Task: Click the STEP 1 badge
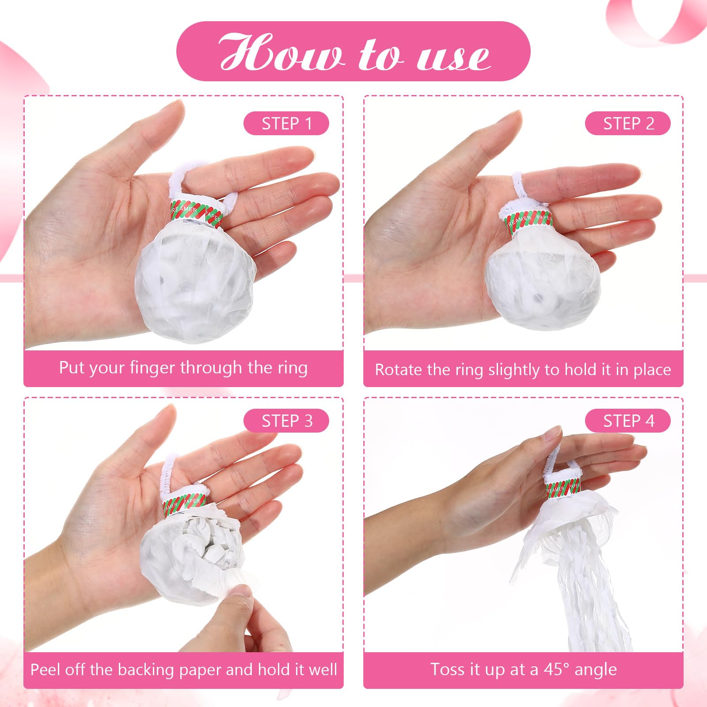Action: (286, 123)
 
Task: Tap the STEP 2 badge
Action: (628, 123)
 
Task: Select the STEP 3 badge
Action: (286, 421)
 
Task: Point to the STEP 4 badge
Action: (628, 421)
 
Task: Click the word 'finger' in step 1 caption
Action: (152, 368)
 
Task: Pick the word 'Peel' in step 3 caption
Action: (44, 669)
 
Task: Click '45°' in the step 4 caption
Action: (558, 669)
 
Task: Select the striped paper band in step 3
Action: (185, 503)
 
